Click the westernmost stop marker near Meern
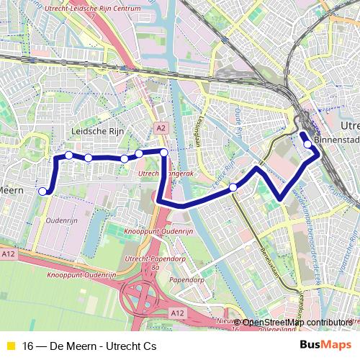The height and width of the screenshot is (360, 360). point(42,191)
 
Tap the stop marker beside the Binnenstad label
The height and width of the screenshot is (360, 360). point(308,144)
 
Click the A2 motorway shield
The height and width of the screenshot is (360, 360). point(161,127)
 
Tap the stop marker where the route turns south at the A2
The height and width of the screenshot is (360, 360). point(164,152)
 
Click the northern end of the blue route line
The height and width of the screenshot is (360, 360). point(302,134)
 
